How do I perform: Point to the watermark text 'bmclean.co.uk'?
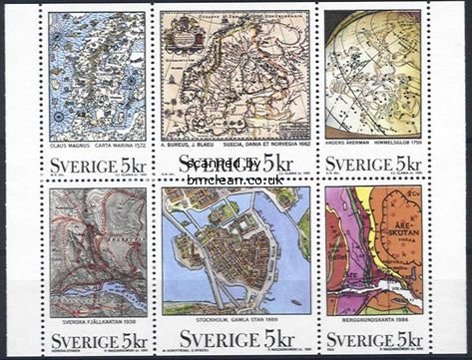[236, 180]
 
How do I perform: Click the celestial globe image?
[372, 74]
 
